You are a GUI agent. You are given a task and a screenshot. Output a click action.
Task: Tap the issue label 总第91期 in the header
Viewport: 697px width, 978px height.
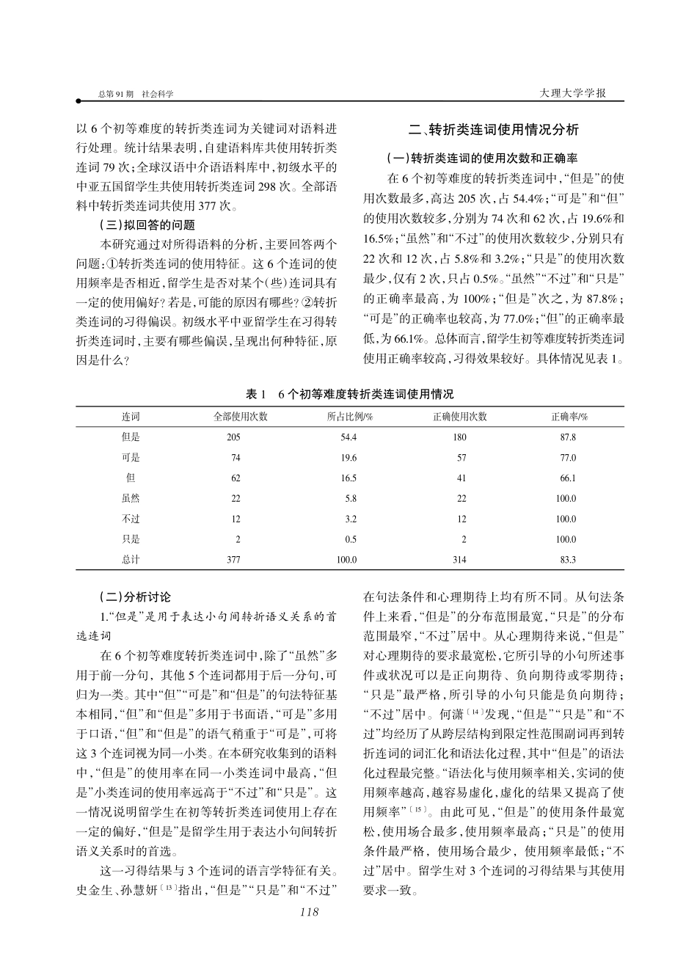[x=115, y=95]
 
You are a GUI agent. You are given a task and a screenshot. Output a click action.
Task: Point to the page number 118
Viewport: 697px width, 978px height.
[x=310, y=911]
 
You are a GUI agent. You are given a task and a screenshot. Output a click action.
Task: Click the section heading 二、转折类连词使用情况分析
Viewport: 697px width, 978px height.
[x=494, y=130]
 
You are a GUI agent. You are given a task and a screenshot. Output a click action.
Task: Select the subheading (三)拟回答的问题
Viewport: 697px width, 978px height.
[x=147, y=225]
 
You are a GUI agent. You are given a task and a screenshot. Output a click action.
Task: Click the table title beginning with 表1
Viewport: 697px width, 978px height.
[x=349, y=394]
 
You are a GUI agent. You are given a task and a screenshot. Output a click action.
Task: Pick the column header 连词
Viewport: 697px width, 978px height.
[x=131, y=417]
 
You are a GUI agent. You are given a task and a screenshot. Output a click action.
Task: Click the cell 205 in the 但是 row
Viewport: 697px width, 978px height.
[x=233, y=437]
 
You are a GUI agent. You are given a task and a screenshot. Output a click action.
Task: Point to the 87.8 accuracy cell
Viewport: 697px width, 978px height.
[x=568, y=437]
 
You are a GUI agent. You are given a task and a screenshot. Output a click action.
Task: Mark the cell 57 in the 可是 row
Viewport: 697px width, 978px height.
[x=461, y=458]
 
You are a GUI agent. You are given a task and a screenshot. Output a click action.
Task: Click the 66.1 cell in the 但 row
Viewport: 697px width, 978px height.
[x=568, y=478]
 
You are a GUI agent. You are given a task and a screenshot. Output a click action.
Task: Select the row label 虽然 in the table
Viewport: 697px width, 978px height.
[x=131, y=499]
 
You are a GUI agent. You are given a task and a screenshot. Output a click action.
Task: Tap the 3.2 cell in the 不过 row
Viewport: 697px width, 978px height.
[x=351, y=519]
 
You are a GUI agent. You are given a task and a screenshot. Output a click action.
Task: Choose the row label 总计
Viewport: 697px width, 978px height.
[x=131, y=560]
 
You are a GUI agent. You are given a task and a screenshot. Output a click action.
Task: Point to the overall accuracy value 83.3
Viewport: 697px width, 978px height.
[x=568, y=560]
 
